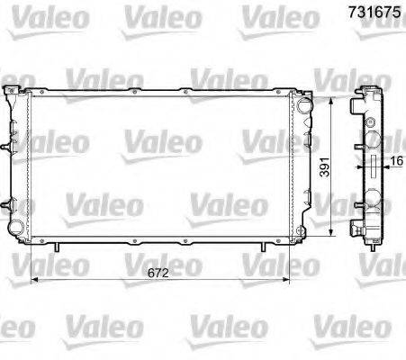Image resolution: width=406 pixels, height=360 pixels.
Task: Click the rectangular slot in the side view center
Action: pos(371,166)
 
